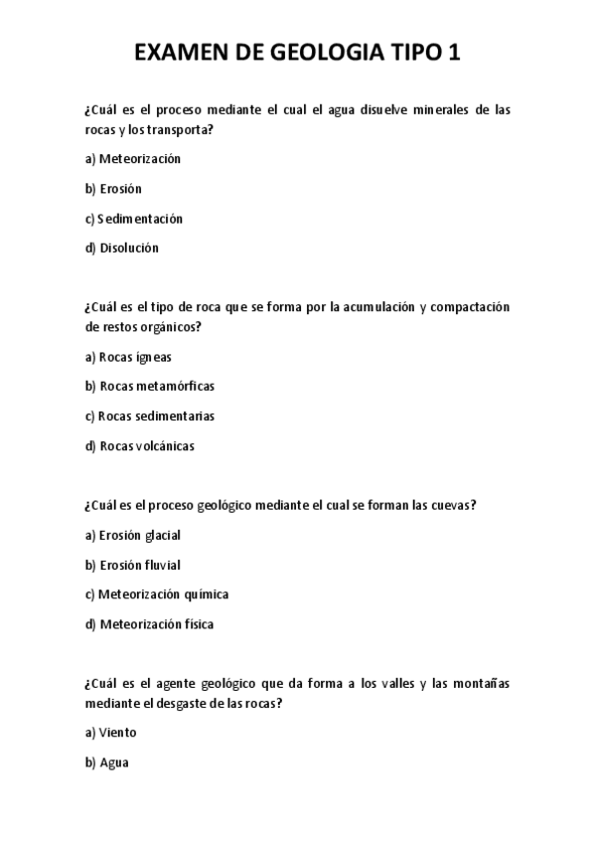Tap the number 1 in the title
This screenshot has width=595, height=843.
(x=454, y=53)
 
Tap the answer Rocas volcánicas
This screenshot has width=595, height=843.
(x=147, y=446)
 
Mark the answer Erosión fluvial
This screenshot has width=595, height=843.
(x=139, y=565)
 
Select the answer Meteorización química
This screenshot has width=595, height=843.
(x=163, y=594)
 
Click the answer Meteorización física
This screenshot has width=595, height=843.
(x=156, y=624)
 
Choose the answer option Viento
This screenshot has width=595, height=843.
(x=118, y=733)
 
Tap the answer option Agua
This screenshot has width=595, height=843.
(x=114, y=762)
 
